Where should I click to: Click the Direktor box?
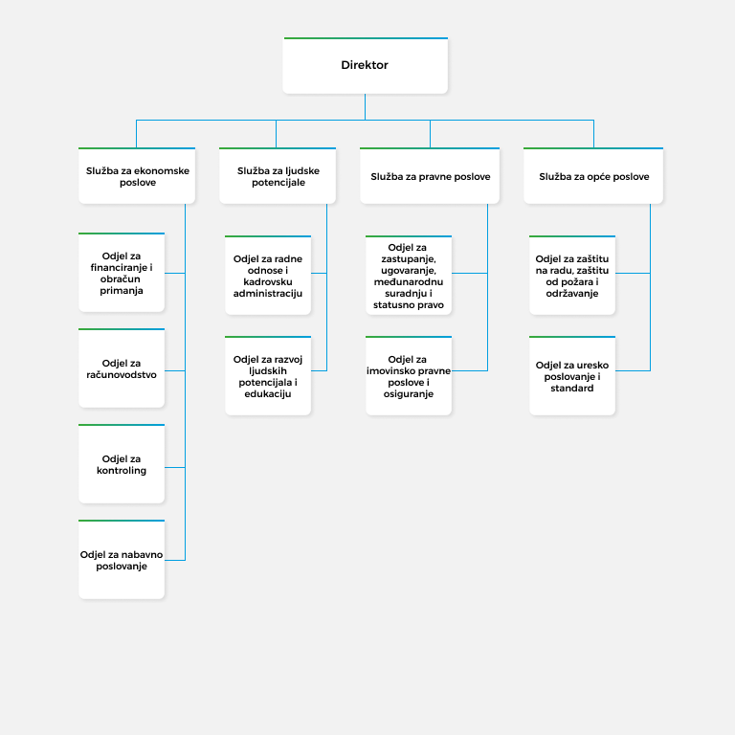click(366, 66)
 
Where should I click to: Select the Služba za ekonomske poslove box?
click(137, 176)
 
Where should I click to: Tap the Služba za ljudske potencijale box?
click(278, 176)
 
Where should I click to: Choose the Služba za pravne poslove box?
click(430, 176)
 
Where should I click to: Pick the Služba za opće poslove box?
click(593, 176)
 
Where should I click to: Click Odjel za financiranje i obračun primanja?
click(122, 273)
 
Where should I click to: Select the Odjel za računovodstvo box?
click(122, 368)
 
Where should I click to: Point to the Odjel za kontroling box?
click(122, 464)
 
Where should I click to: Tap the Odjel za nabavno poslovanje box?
click(122, 560)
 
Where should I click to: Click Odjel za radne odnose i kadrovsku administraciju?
click(268, 276)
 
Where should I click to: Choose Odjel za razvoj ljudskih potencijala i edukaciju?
click(268, 376)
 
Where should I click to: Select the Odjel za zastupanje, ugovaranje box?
click(409, 276)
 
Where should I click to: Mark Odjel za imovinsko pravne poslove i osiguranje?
click(409, 376)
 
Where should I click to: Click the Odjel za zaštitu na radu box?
click(572, 276)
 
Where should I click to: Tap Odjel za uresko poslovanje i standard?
click(572, 376)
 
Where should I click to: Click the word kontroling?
click(122, 470)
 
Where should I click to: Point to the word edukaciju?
click(268, 393)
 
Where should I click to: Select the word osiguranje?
click(409, 393)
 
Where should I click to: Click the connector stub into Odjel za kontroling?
click(175, 467)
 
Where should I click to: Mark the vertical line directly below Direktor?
click(366, 107)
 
